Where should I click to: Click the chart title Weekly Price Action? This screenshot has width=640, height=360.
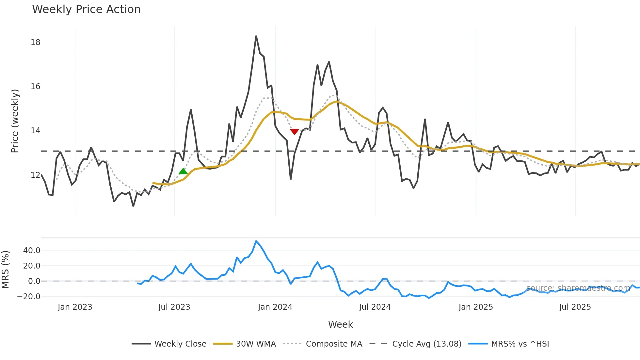86,9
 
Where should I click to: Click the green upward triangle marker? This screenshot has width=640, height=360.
183,171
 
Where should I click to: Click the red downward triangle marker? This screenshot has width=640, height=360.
294,131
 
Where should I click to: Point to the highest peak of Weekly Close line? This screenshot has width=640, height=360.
256,36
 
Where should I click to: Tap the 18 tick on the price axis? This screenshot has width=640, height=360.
35,42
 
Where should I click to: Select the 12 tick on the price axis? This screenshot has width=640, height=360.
35,175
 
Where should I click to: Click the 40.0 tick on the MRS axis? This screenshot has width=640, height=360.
32,251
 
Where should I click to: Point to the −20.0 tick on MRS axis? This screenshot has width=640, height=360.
29,297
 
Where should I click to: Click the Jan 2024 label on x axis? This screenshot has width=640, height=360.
275,307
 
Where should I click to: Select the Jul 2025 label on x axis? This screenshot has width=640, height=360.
575,307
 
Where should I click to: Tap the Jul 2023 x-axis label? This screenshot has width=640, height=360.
174,307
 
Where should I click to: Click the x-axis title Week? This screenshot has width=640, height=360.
340,324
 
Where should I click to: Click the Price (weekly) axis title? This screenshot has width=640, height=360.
15,121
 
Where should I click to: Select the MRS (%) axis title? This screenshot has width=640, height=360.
5,270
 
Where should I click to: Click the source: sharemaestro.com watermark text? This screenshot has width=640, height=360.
578,288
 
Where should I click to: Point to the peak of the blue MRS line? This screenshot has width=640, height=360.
256,241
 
